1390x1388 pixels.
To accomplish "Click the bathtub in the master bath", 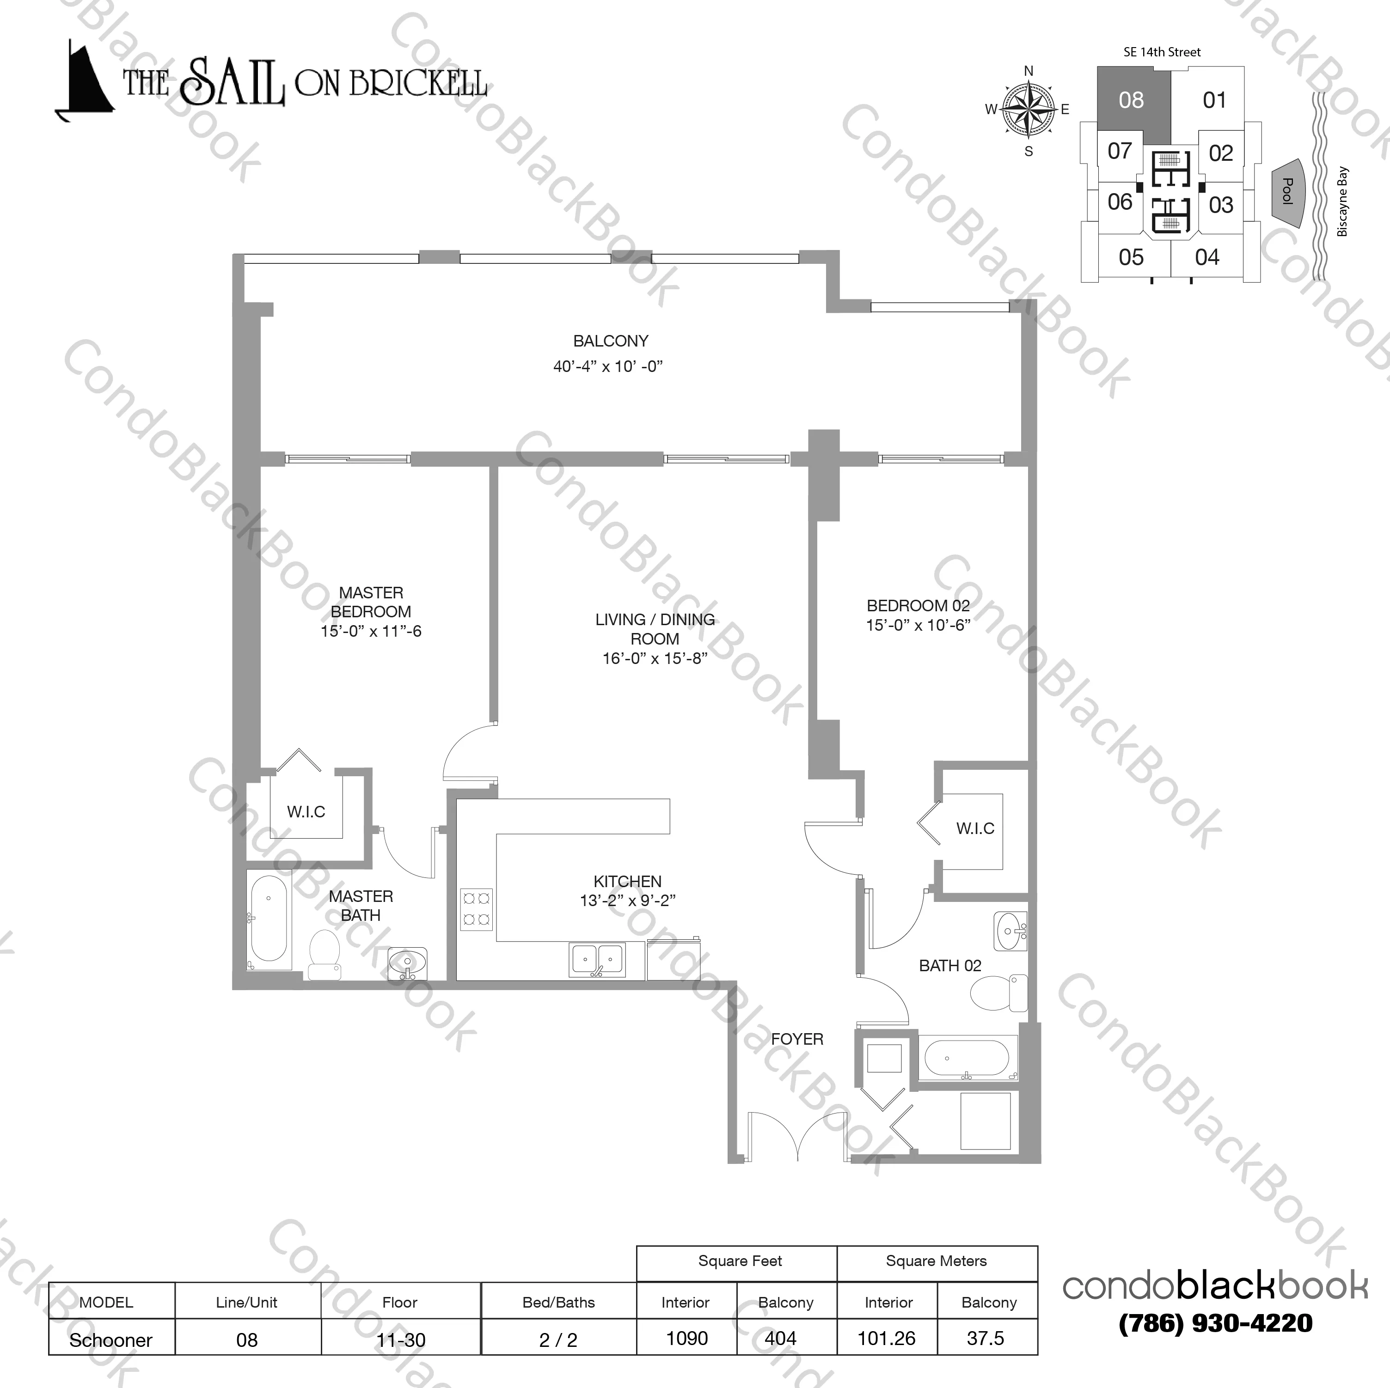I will click(x=269, y=919).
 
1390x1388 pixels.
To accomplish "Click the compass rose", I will click(x=1028, y=110).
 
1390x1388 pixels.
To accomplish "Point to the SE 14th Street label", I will click(x=1162, y=52).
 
